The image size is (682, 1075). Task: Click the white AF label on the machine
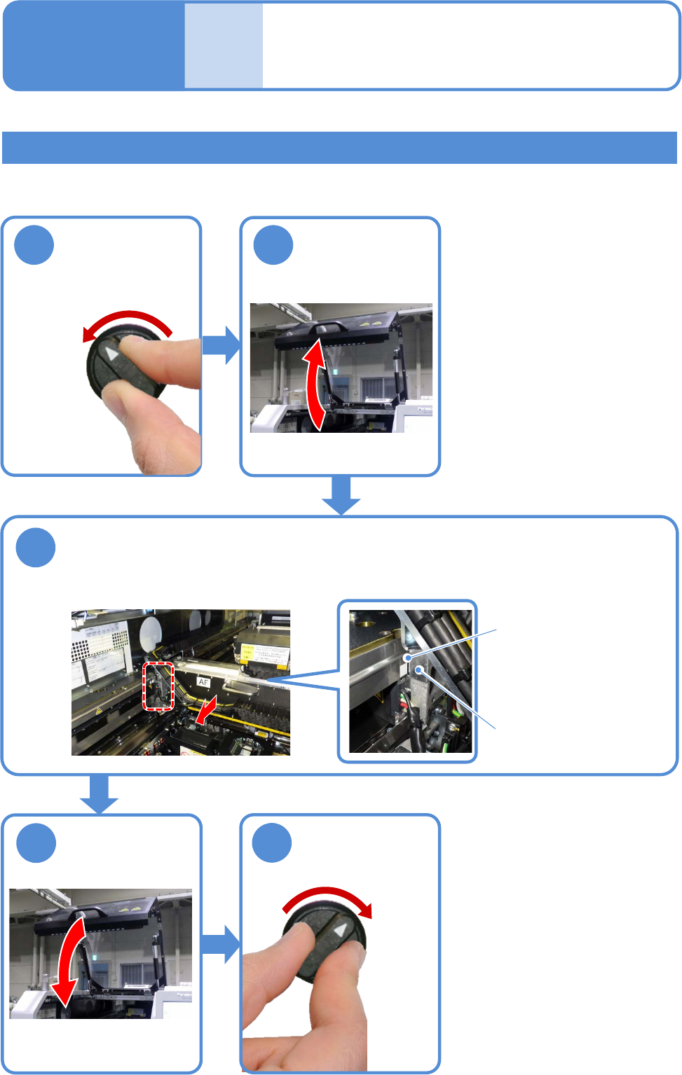(203, 681)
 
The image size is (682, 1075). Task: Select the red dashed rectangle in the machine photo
(158, 686)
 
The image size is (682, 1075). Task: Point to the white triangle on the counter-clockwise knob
(111, 354)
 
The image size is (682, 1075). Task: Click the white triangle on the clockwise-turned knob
(340, 930)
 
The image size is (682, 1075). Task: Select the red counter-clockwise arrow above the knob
(126, 322)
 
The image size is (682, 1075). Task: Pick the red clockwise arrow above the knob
(329, 899)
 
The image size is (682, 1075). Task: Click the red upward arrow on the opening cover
(315, 382)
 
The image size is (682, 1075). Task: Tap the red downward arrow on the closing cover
(70, 963)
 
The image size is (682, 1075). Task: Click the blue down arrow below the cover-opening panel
(341, 496)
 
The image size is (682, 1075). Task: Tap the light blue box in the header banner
(224, 46)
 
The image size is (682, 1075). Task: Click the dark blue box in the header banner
(94, 46)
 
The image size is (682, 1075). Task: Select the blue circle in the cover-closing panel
(36, 843)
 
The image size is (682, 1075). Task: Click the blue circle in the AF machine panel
(36, 548)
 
